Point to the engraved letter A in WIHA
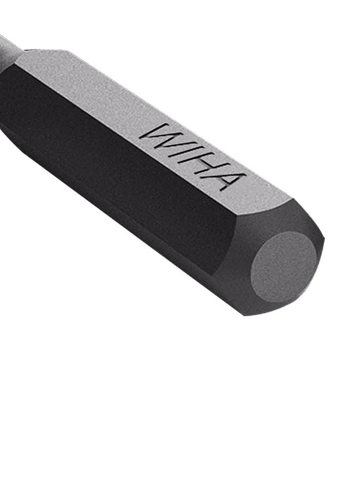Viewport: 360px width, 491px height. (x=225, y=178)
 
